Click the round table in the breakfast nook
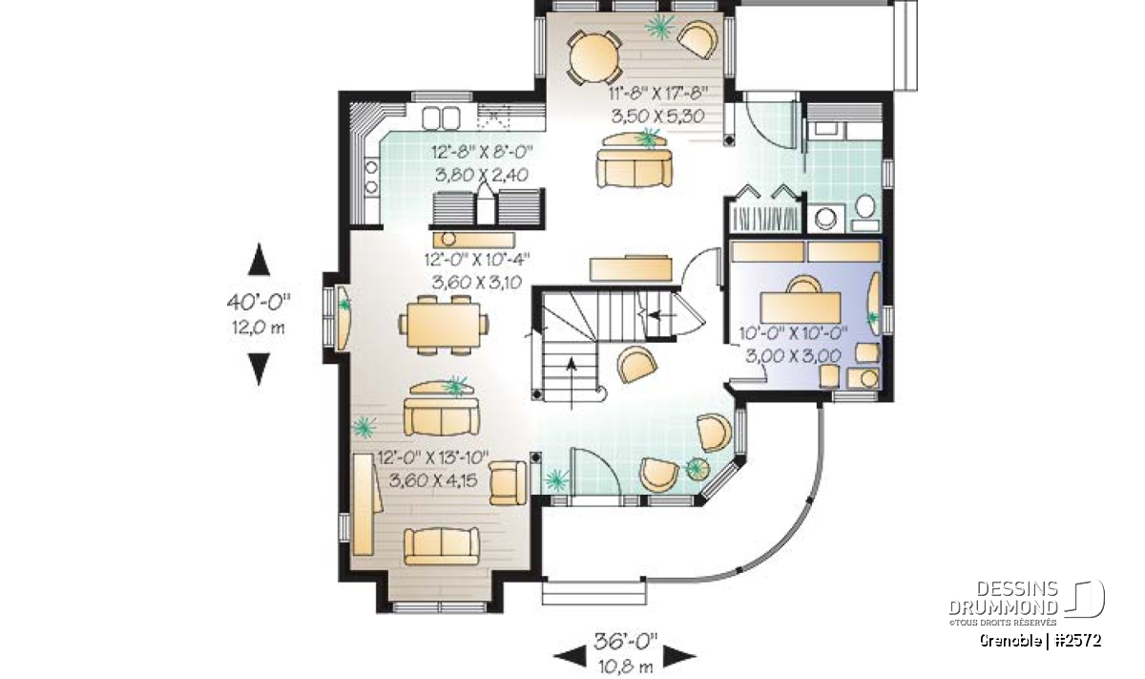pos(593,58)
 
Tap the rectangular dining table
pos(443,326)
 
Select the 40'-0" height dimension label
pos(259,302)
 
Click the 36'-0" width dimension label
pos(625,641)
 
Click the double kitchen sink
pos(441,118)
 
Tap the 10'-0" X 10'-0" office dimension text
pos(793,333)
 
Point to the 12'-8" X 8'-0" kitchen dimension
pos(482,152)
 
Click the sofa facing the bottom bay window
pos(442,546)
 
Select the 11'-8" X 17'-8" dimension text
pos(658,94)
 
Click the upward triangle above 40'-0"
pos(259,260)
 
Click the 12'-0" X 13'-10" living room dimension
pos(432,456)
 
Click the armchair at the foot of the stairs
pos(637,364)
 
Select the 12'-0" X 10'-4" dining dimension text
pos(476,259)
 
